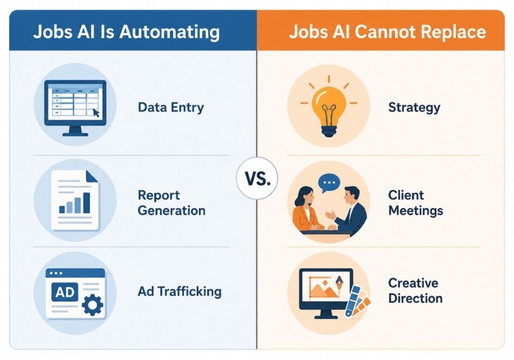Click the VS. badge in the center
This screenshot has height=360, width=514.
[x=257, y=178]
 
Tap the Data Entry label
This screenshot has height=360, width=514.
[x=171, y=108]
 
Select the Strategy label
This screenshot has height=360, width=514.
[x=414, y=108]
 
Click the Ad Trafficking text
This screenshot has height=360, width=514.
[x=180, y=291]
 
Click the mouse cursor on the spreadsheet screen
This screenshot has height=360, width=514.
[x=96, y=113]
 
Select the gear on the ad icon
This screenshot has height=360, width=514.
[x=92, y=305]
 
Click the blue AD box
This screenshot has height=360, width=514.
[x=65, y=292]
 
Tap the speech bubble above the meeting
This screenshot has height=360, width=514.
[x=329, y=183]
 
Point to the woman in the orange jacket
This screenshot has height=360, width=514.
[x=307, y=210]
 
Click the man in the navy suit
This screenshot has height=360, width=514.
[x=349, y=210]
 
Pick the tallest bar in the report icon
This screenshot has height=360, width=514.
[x=86, y=203]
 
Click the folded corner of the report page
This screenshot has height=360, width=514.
[x=91, y=176]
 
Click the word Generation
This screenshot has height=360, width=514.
[x=172, y=211]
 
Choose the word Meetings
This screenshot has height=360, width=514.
[x=416, y=211]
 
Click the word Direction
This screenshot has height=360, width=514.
[x=415, y=299]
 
